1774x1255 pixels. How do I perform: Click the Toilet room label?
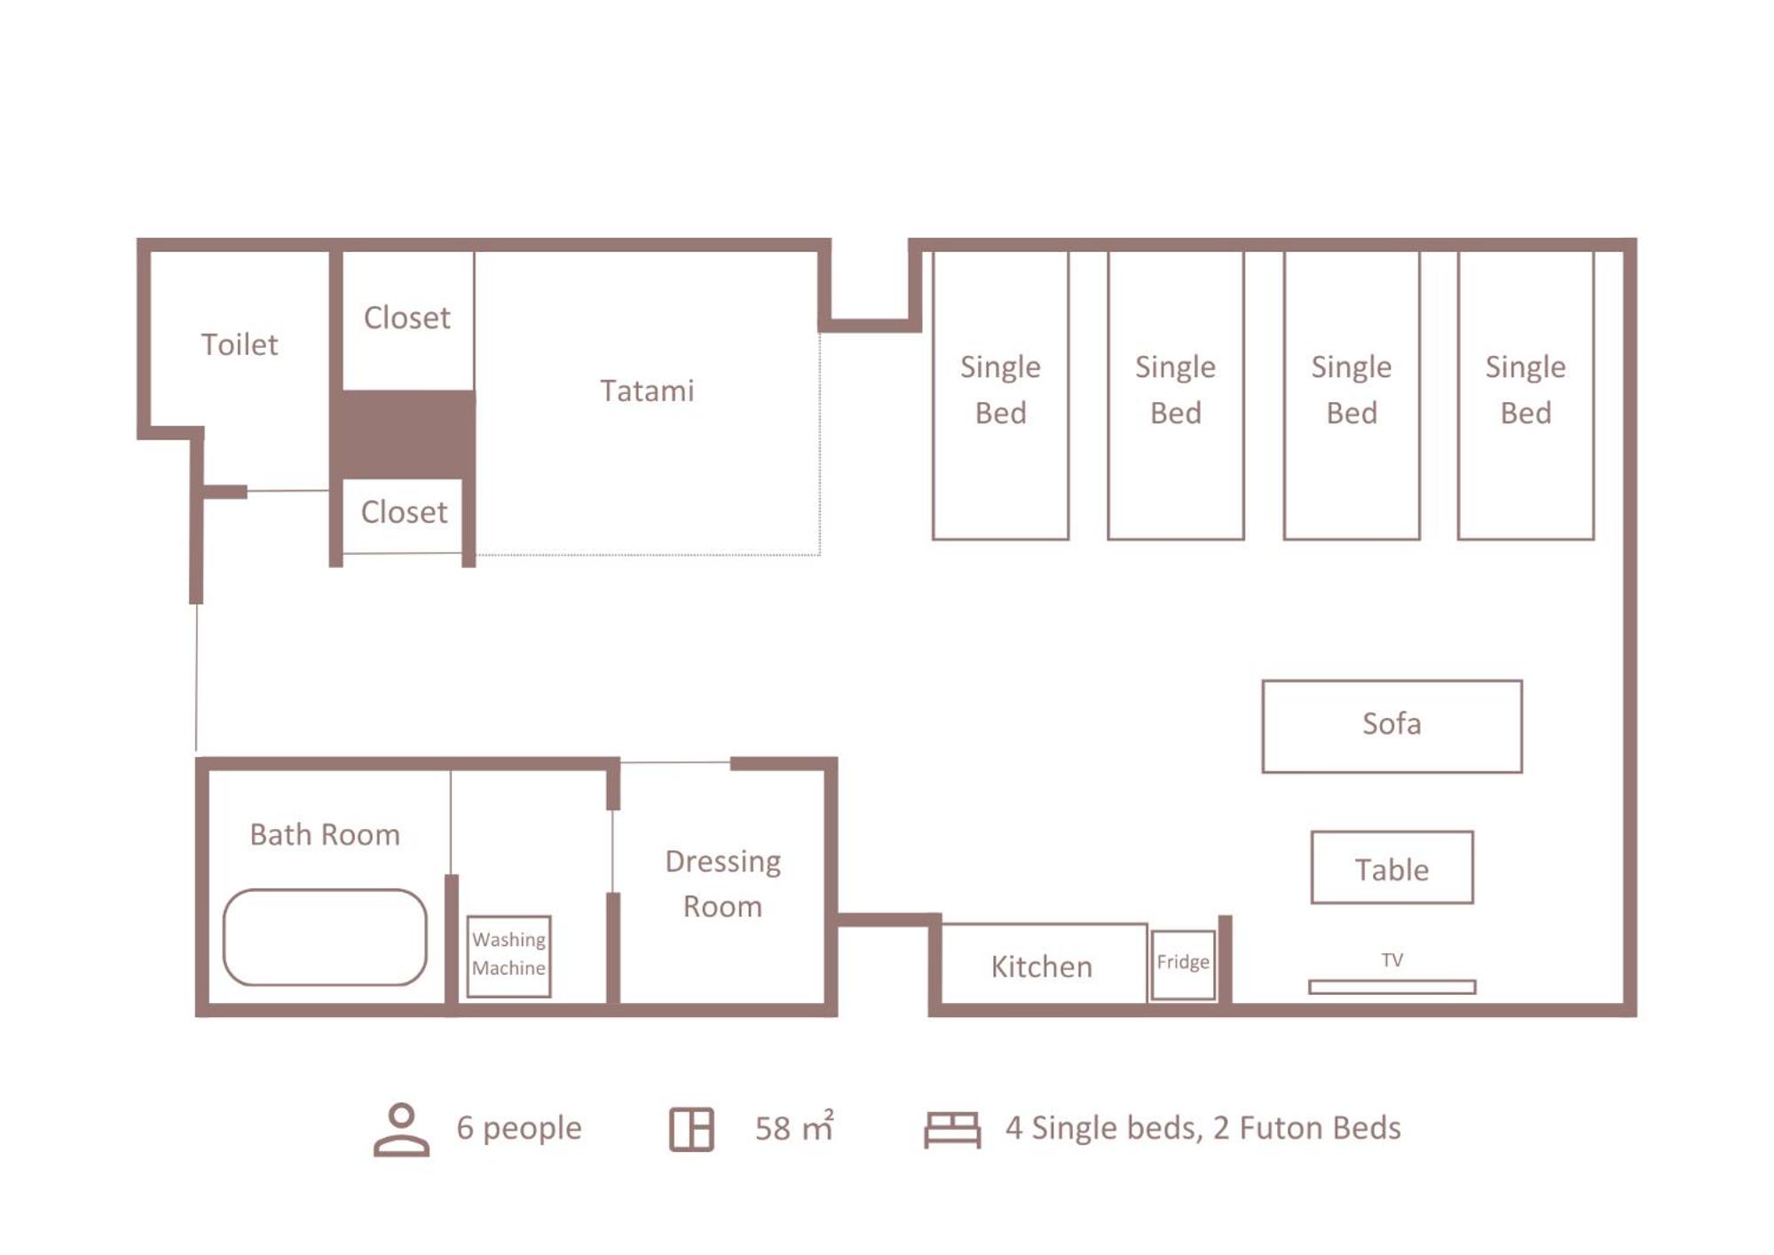[x=239, y=344]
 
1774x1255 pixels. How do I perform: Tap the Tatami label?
[x=647, y=391]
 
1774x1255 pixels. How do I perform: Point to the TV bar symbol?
[x=1392, y=987]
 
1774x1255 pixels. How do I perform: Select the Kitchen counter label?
[x=1042, y=967]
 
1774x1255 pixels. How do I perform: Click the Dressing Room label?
[x=722, y=884]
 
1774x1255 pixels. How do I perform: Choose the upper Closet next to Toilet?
[x=407, y=318]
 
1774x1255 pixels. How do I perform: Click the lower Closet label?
[x=404, y=512]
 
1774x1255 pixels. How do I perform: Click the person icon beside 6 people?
[x=401, y=1130]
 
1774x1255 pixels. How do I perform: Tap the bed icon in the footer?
[x=952, y=1130]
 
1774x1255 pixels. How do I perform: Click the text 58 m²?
[x=794, y=1127]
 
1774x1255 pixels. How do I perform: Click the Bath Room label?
[x=325, y=834]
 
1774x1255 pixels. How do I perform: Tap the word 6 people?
[x=519, y=1128]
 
